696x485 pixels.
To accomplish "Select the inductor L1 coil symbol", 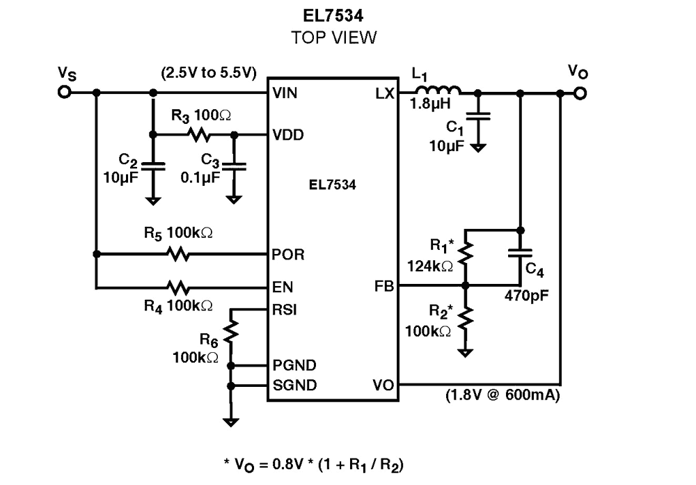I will [438, 90].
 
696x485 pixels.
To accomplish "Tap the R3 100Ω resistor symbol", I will [199, 134].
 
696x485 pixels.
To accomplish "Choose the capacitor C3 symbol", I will [235, 167].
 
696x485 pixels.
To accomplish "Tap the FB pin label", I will [383, 286].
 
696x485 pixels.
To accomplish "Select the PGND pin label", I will [294, 365].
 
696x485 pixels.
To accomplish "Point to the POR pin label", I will [288, 255].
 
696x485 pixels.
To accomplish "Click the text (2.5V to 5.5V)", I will [209, 72].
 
